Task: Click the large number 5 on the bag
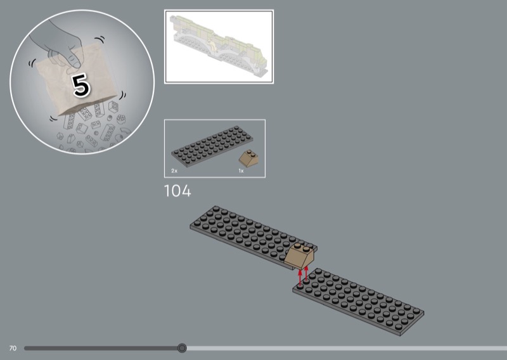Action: (x=80, y=86)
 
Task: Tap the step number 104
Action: (x=177, y=191)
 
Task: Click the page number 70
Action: (x=13, y=349)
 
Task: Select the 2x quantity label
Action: (x=174, y=170)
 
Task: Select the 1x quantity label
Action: (x=241, y=170)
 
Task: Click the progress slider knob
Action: (x=182, y=348)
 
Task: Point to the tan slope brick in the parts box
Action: (x=248, y=158)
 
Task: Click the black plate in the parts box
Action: (x=212, y=146)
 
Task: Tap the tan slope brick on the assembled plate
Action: (x=299, y=256)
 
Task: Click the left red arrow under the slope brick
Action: (x=300, y=278)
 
